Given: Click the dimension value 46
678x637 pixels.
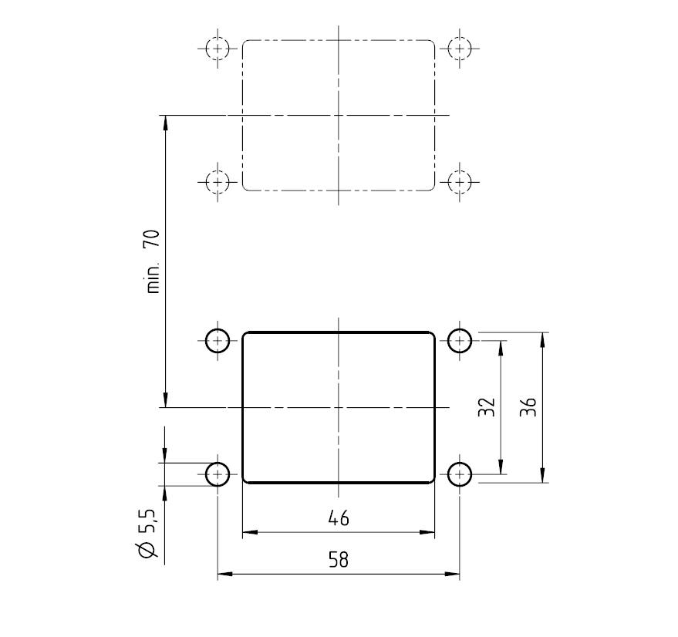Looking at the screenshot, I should pos(339,518).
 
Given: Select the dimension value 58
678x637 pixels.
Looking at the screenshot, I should pos(339,560).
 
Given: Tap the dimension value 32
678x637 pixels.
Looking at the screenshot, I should pos(486,407).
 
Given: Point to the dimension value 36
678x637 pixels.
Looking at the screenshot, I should pos(528,407).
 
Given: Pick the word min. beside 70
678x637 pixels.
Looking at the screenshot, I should pos(153,278).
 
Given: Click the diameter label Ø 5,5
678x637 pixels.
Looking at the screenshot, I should pos(147,534).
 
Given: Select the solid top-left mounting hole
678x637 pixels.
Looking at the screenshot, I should pos(218,340).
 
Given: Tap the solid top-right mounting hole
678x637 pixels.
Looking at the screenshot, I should pos(460,340).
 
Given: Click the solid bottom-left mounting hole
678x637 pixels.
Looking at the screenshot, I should pos(218,474).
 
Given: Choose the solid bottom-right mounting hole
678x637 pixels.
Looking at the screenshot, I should pos(460,474).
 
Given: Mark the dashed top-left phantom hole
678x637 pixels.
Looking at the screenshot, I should pos(218,49).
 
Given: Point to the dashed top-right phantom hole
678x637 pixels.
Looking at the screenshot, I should pos(460,49).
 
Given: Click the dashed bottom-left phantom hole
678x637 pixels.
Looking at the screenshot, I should pos(218,182).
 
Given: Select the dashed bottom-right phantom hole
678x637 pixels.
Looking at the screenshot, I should pos(460,182).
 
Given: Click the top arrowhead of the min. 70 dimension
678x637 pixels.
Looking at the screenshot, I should pos(165,123).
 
